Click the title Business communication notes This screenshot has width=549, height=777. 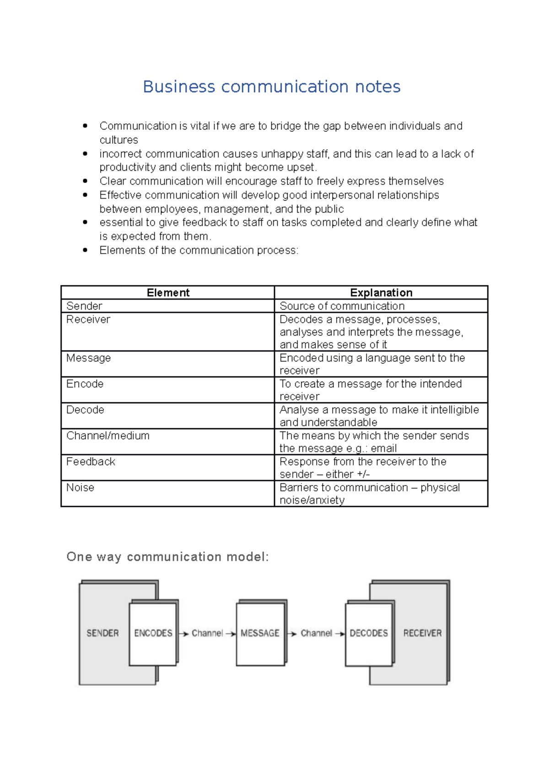(272, 86)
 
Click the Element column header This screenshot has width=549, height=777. (168, 293)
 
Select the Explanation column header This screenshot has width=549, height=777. (381, 293)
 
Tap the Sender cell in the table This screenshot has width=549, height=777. (84, 306)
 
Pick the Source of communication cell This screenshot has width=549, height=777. (342, 306)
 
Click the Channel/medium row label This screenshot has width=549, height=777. (108, 436)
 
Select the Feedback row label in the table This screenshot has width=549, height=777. (91, 462)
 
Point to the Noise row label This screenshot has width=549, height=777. (80, 488)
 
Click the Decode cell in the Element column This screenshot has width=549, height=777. (85, 410)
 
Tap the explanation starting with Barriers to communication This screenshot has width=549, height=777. (370, 494)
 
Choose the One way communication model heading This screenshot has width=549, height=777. (167, 557)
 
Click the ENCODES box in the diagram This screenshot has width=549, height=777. (153, 633)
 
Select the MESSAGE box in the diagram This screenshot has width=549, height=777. (260, 633)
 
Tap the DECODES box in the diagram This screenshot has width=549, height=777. (369, 633)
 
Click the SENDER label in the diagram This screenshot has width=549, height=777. (102, 633)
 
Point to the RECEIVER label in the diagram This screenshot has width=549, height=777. (422, 633)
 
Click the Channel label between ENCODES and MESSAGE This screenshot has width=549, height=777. (207, 633)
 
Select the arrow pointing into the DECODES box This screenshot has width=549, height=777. (340, 634)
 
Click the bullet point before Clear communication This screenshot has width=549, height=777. (85, 181)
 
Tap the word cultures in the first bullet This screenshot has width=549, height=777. (119, 140)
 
